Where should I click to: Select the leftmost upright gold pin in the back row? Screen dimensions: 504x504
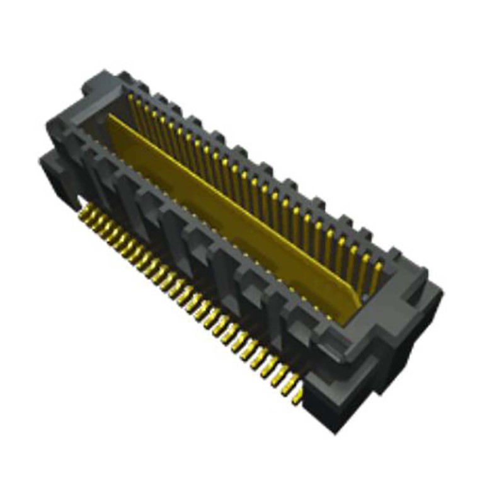click(x=132, y=105)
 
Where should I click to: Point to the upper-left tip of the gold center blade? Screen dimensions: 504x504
click(x=110, y=117)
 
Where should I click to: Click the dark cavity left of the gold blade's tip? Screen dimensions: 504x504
click(x=94, y=126)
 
